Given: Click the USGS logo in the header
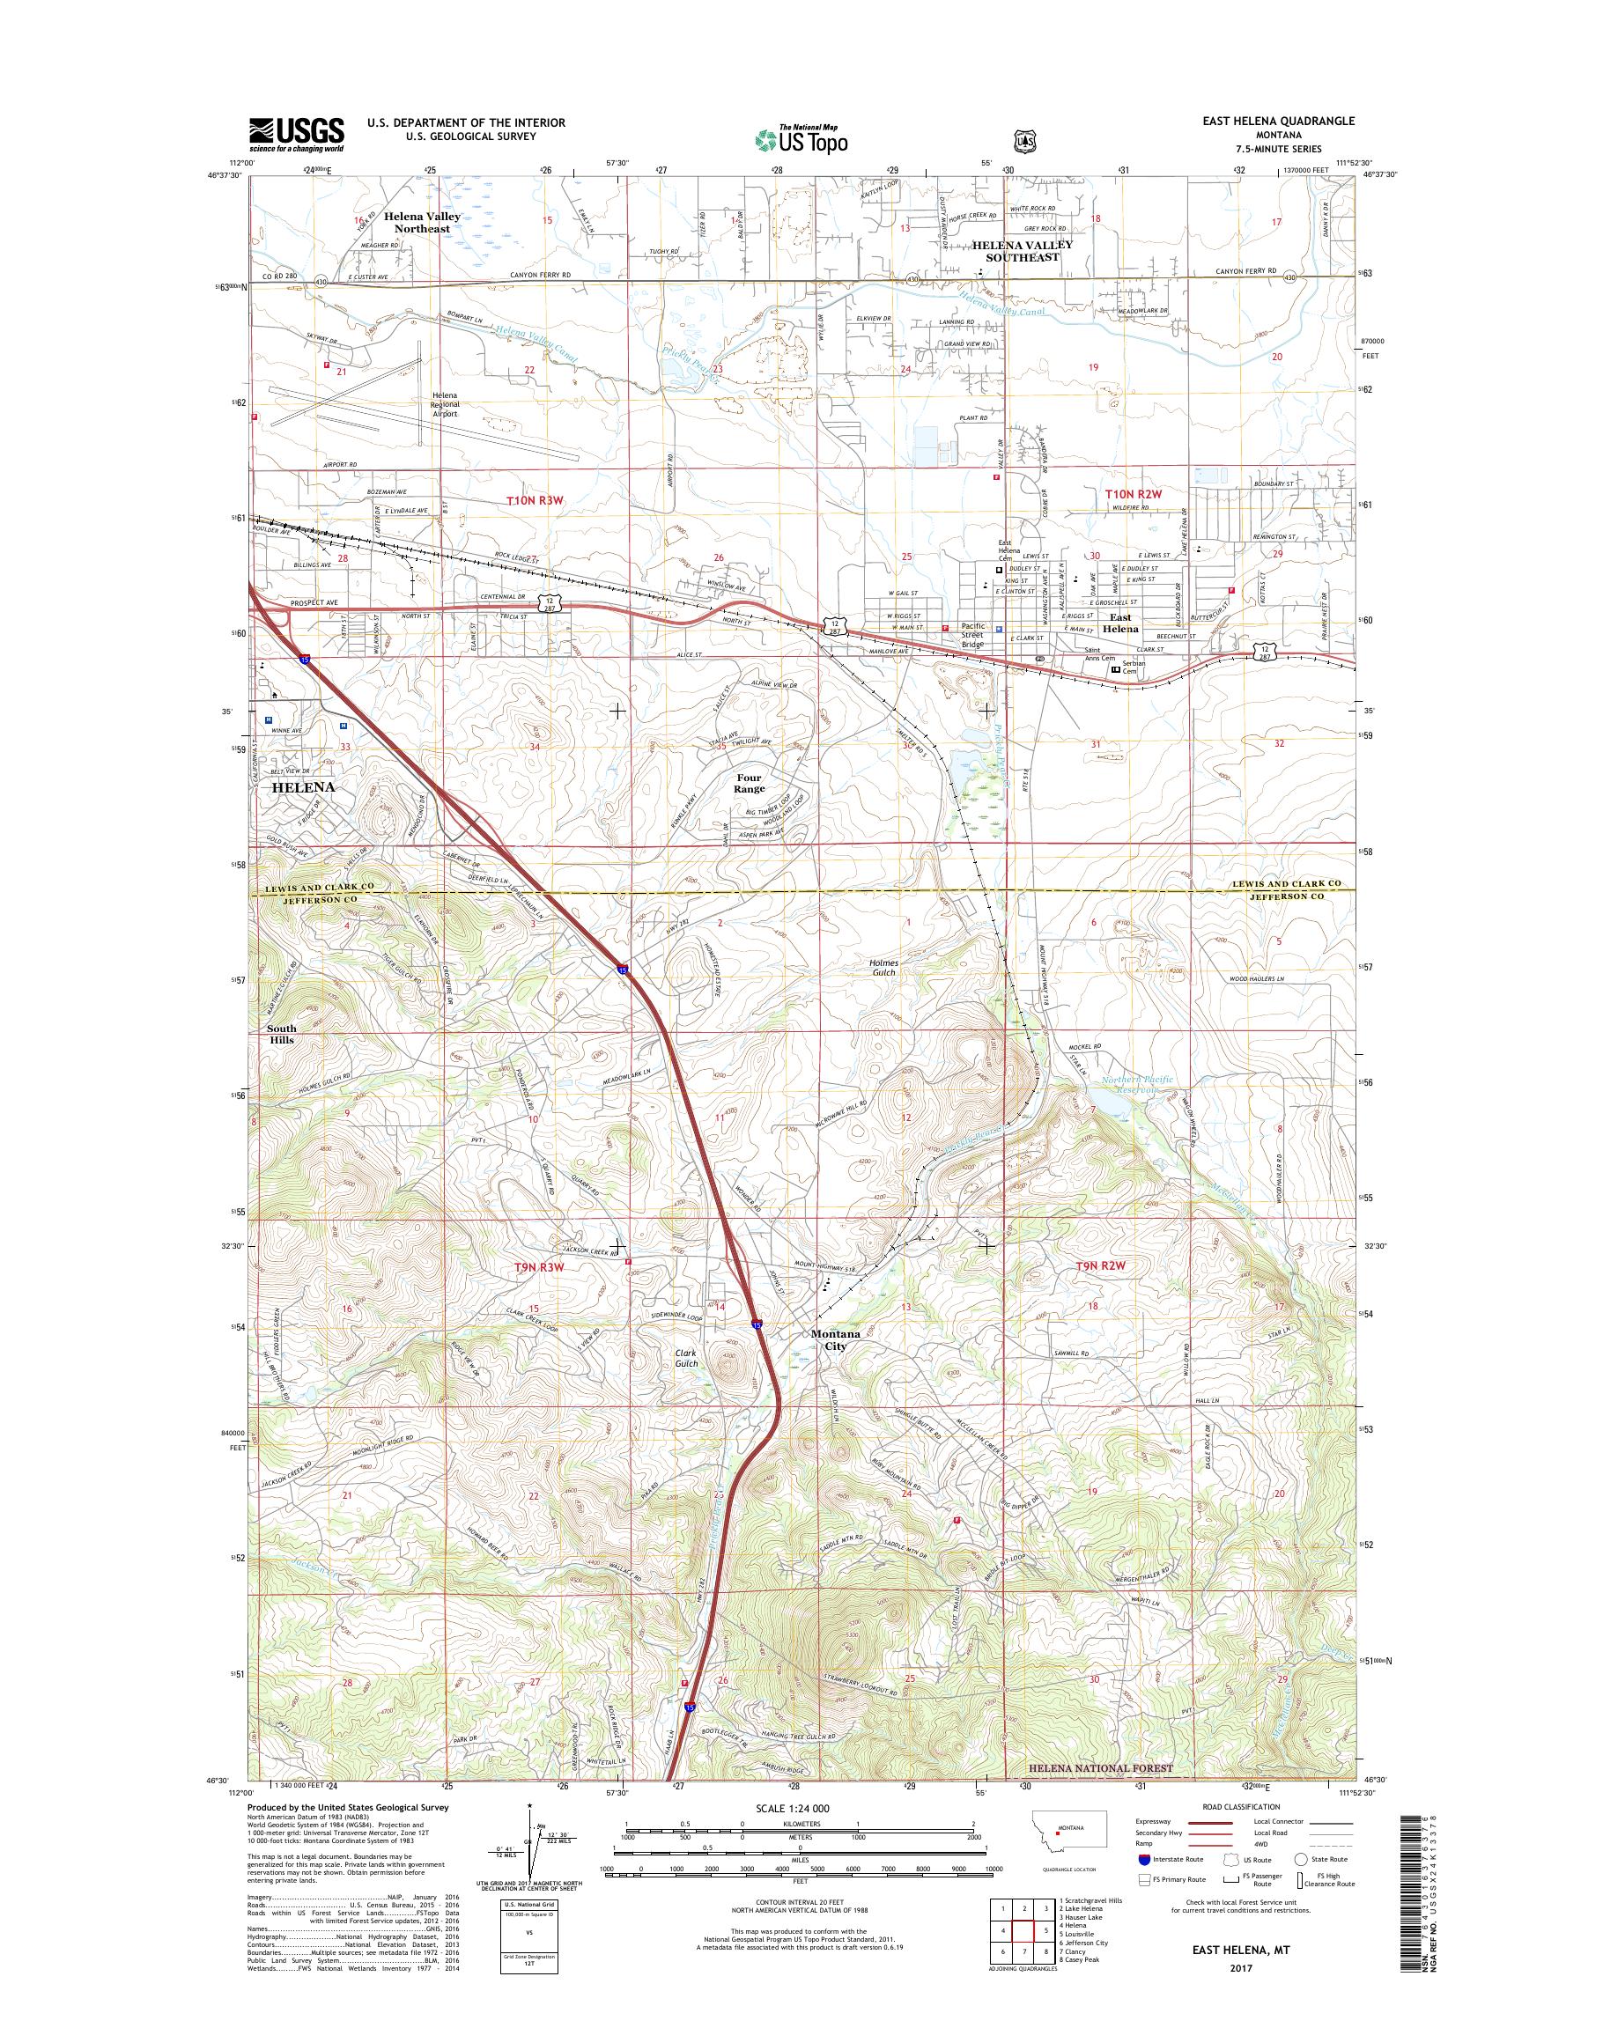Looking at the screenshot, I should (296, 134).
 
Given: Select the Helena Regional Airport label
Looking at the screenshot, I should (444, 404).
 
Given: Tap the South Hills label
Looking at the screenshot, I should (282, 1034).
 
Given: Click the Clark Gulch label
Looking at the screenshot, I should (686, 1358).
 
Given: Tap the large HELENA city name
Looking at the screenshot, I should (302, 788).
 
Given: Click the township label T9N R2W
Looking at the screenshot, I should (1113, 1266).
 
